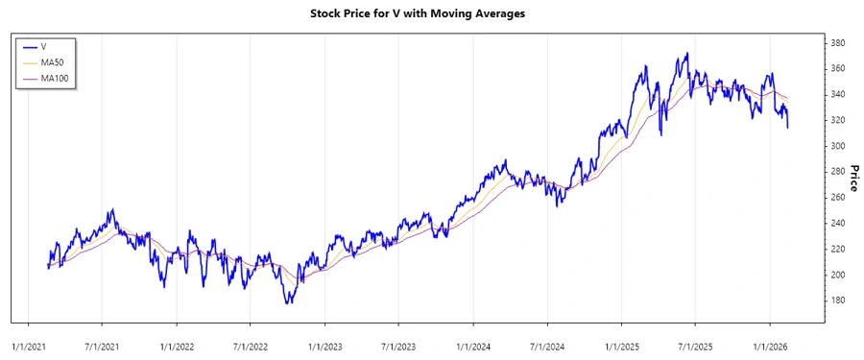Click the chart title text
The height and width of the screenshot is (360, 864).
pyautogui.click(x=431, y=13)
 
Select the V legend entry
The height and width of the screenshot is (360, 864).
pyautogui.click(x=44, y=46)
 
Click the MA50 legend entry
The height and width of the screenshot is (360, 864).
pyautogui.click(x=52, y=61)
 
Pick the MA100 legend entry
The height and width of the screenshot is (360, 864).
pyautogui.click(x=54, y=78)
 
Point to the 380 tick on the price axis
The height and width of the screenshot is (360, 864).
pyautogui.click(x=838, y=43)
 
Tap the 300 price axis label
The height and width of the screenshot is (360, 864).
pyautogui.click(x=838, y=146)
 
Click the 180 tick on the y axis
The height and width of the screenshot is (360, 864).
pyautogui.click(x=838, y=300)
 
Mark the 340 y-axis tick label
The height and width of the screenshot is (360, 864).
pyautogui.click(x=838, y=95)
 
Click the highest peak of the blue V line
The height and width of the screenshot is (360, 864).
pyautogui.click(x=685, y=54)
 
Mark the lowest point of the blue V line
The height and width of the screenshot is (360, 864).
pyautogui.click(x=287, y=303)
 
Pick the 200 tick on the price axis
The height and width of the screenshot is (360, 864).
pyautogui.click(x=838, y=275)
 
